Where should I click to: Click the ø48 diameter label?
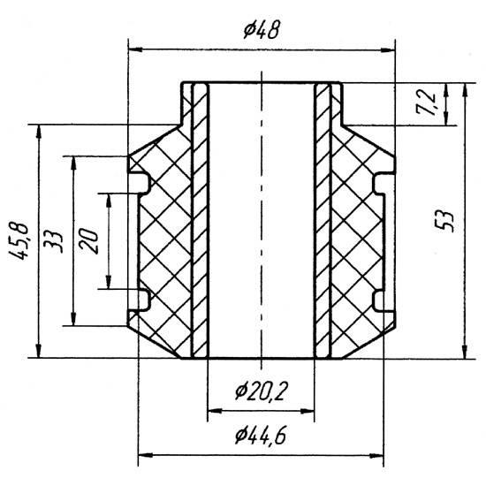[262, 30]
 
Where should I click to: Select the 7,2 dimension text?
[428, 103]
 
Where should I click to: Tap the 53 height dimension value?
[445, 222]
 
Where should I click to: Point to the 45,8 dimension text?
[19, 241]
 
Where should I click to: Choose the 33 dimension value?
[53, 241]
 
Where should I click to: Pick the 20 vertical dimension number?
[89, 241]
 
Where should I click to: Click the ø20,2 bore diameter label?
[262, 391]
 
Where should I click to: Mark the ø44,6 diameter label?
[261, 436]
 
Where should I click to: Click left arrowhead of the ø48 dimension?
[135, 49]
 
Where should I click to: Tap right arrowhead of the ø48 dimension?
[388, 50]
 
